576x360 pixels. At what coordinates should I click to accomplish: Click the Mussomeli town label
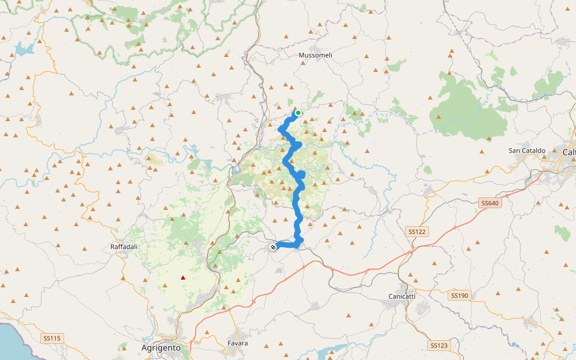315,55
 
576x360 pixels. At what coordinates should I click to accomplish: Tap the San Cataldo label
527,151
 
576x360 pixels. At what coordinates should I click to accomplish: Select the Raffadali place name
125,247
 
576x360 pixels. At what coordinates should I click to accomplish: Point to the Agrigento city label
161,347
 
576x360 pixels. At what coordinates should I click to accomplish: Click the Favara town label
238,343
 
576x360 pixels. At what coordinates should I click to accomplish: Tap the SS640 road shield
490,203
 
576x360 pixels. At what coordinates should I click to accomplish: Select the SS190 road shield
459,295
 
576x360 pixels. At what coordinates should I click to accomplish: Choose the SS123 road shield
439,345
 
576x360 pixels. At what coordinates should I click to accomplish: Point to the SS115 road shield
52,338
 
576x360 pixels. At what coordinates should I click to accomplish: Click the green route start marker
298,112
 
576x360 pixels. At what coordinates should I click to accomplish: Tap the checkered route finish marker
273,247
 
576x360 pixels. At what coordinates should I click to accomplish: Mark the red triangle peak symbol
183,277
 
